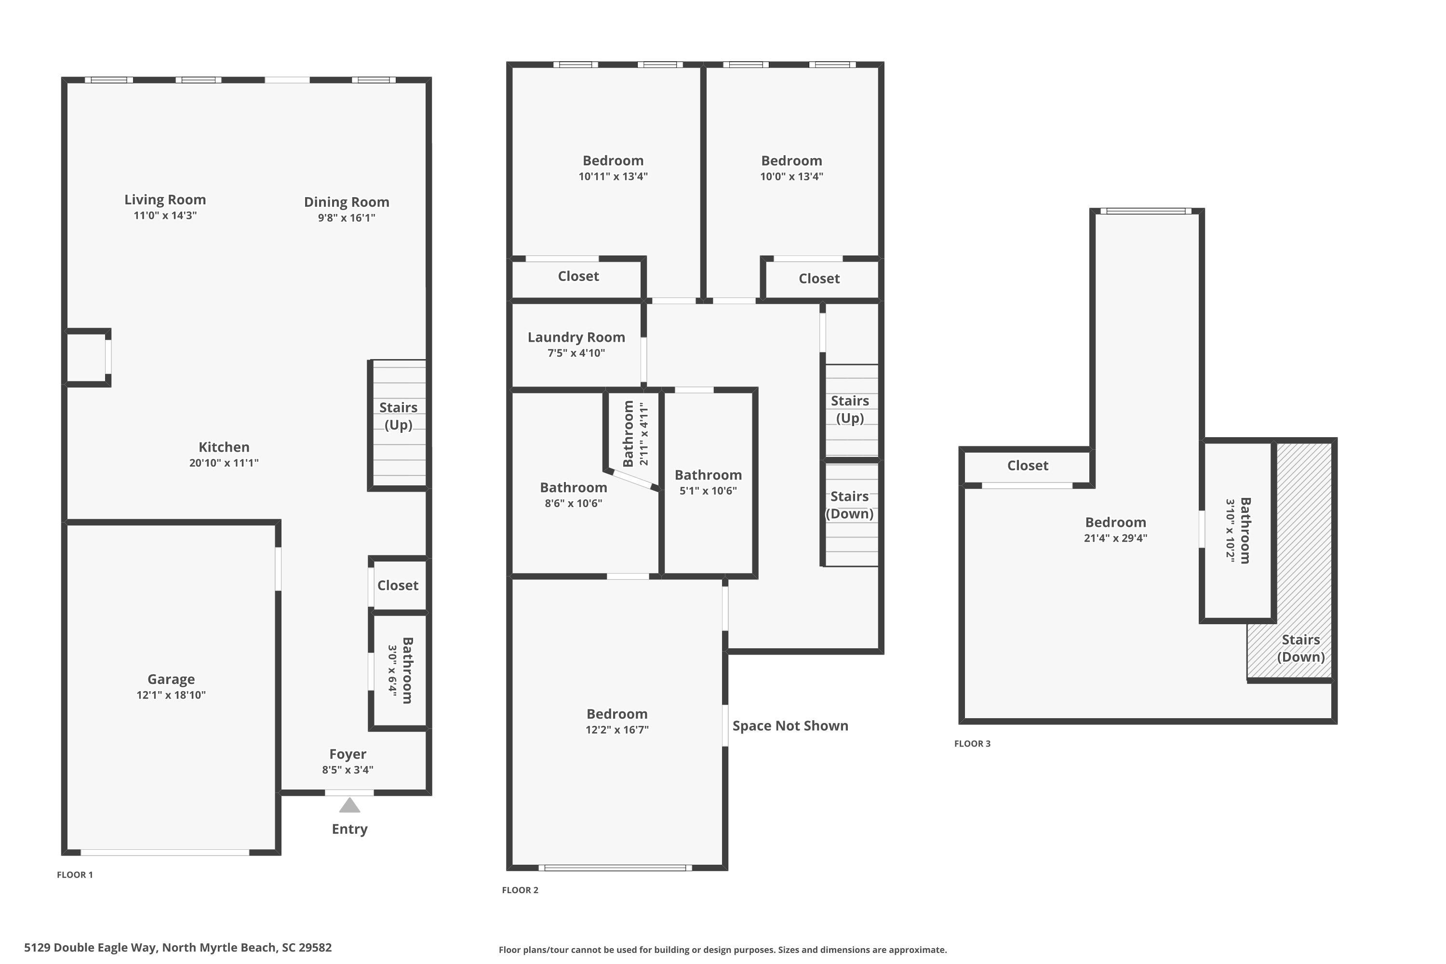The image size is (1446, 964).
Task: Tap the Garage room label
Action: pyautogui.click(x=171, y=679)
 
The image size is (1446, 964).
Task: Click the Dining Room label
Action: pyautogui.click(x=346, y=202)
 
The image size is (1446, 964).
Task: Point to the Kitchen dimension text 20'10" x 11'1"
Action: pyautogui.click(x=224, y=463)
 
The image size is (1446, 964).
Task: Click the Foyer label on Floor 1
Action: pyautogui.click(x=348, y=754)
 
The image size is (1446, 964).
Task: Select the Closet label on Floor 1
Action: pyautogui.click(x=398, y=585)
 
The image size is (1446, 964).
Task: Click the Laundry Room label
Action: pyautogui.click(x=576, y=337)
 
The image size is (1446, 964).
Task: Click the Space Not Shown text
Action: pyautogui.click(x=790, y=726)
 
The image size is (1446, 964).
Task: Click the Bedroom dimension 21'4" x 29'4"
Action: pyautogui.click(x=1115, y=538)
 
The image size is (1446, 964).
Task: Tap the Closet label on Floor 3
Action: pyautogui.click(x=1027, y=466)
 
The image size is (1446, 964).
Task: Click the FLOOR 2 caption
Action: pyautogui.click(x=520, y=890)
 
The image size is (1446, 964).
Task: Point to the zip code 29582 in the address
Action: pyautogui.click(x=315, y=948)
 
